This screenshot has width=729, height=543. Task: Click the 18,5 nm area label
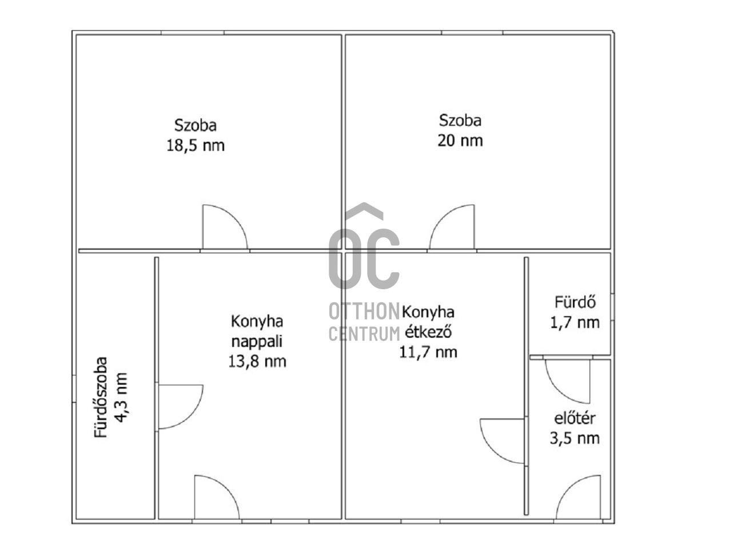196,146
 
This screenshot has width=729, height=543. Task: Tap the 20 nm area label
460,141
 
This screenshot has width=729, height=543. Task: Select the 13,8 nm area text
257,362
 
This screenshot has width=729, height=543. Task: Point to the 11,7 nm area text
428,352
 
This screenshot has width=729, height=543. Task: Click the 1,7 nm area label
575,323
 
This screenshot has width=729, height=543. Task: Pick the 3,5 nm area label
575,438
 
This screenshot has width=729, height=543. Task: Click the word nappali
257,342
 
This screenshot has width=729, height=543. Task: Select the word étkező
428,332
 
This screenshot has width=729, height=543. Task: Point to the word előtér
575,418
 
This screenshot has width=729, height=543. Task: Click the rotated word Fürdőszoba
101,397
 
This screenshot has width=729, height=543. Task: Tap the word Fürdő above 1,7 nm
575,302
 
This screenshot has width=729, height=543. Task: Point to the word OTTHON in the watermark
364,312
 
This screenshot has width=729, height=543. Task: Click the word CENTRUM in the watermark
364,334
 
